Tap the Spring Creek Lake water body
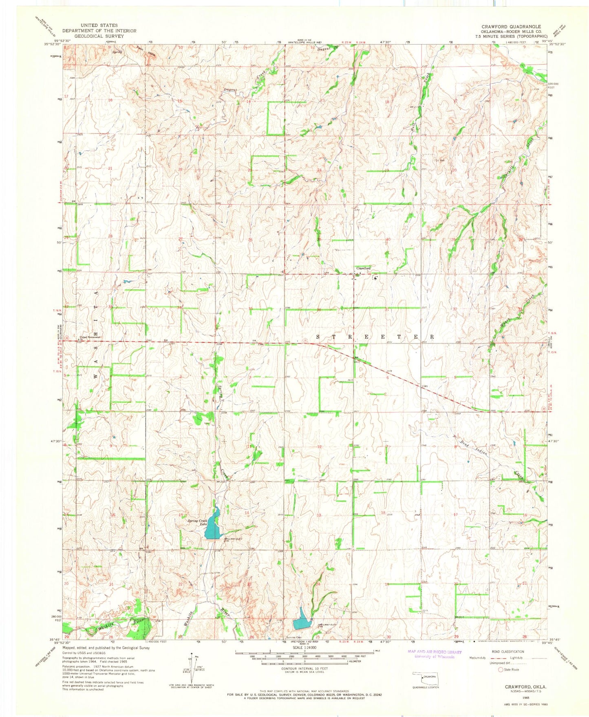(x=212, y=526)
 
